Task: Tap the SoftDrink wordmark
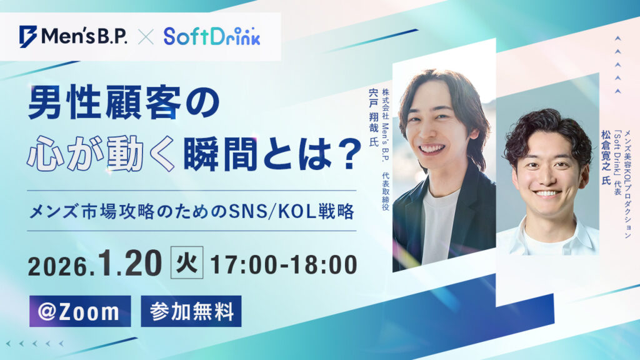tap(212, 36)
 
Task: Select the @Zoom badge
tap(80, 311)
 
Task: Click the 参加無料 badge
tap(191, 311)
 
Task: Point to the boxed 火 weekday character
tap(187, 264)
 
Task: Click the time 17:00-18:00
tap(284, 265)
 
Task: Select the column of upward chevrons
tap(617, 65)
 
